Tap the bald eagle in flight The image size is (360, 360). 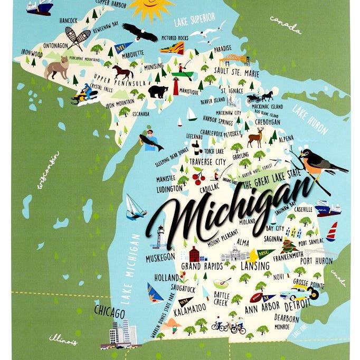[140, 33]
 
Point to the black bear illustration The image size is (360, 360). [158, 91]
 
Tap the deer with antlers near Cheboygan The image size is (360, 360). [255, 137]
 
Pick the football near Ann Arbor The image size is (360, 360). [260, 287]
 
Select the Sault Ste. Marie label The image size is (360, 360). [236, 70]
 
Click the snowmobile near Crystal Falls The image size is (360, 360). [84, 95]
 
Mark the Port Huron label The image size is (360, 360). [316, 261]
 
